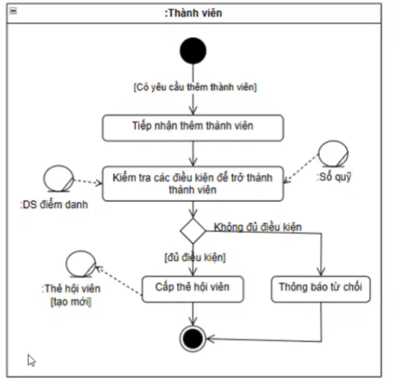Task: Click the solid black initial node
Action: click(193, 51)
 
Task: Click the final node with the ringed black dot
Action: click(193, 338)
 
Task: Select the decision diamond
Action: click(193, 231)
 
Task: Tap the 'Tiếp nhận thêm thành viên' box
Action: click(193, 128)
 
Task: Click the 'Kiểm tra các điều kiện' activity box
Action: click(193, 184)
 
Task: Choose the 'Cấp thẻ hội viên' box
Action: click(193, 289)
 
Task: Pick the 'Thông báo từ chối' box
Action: click(321, 289)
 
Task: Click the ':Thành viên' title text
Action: click(193, 13)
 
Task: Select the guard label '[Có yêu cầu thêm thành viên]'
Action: click(195, 87)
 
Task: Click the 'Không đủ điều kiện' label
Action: click(257, 227)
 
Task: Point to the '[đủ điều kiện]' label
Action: click(195, 257)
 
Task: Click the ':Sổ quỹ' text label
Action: click(334, 177)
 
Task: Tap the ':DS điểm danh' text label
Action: click(54, 205)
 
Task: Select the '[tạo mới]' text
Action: click(71, 302)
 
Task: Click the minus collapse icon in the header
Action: click(13, 11)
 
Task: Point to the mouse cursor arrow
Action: click(31, 360)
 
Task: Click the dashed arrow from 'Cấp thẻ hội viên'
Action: click(119, 280)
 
